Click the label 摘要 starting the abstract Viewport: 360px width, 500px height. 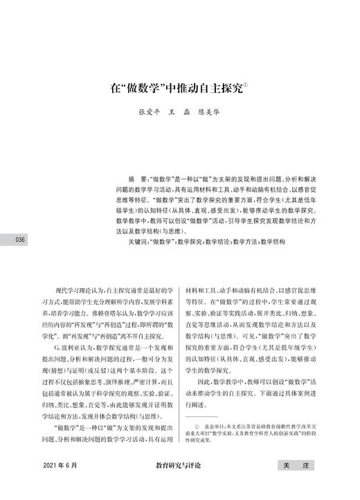[x=129, y=178]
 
